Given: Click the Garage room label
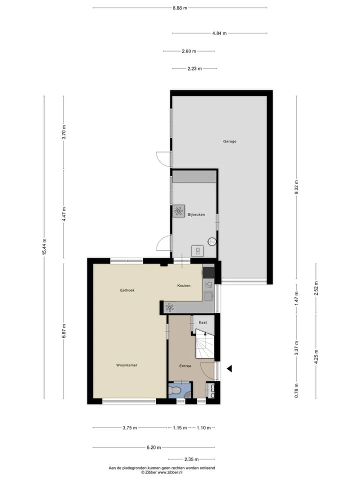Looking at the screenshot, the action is (x=229, y=141).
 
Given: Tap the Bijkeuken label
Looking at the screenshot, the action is (x=196, y=214).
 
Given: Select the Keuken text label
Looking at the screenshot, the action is (x=183, y=285).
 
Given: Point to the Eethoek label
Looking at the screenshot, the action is (x=127, y=290).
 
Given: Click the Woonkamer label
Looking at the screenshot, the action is (x=126, y=365).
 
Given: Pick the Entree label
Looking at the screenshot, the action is (x=185, y=366).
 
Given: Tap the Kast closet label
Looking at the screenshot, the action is (x=202, y=322).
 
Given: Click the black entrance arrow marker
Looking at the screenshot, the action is (x=229, y=369).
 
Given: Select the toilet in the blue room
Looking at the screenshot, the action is (x=175, y=391).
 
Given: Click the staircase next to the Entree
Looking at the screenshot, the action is (x=204, y=343).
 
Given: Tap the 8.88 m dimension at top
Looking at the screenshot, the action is (x=179, y=8).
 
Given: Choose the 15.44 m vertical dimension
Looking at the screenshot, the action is (x=44, y=247).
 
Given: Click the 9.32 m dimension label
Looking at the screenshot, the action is (x=296, y=187).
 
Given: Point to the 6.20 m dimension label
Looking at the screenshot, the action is (x=153, y=447).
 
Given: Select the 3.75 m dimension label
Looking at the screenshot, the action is (x=130, y=428).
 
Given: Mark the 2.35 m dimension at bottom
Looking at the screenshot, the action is (x=191, y=459).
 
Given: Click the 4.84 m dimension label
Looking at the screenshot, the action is (x=219, y=33).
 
